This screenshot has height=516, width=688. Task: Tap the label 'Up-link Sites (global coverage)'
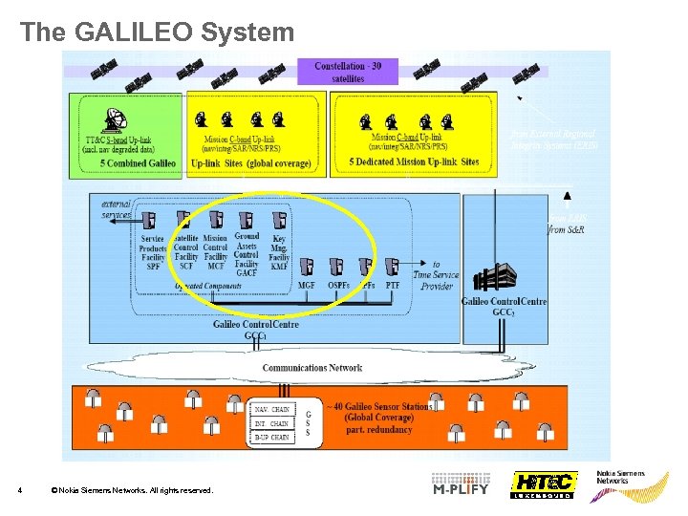pos(251,163)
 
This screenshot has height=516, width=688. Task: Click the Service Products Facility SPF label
pos(153,251)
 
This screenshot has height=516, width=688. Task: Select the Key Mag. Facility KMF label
pos(279,251)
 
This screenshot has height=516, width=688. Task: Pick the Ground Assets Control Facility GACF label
pos(247,254)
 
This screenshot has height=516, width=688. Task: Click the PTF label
pos(393,285)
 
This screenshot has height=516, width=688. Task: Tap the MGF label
pos(307,285)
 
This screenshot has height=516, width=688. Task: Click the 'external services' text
pos(118,208)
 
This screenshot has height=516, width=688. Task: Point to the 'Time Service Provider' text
pos(436,275)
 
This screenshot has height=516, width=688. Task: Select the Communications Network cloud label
pos(312,367)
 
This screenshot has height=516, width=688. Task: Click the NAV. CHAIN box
pos(271,409)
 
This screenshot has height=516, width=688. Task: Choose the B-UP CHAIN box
pos(271,437)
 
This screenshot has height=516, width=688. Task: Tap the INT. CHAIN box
pos(271,423)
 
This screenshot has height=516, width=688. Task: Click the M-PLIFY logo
pos(461,484)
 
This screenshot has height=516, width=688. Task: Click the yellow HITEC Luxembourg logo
pos(543,484)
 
